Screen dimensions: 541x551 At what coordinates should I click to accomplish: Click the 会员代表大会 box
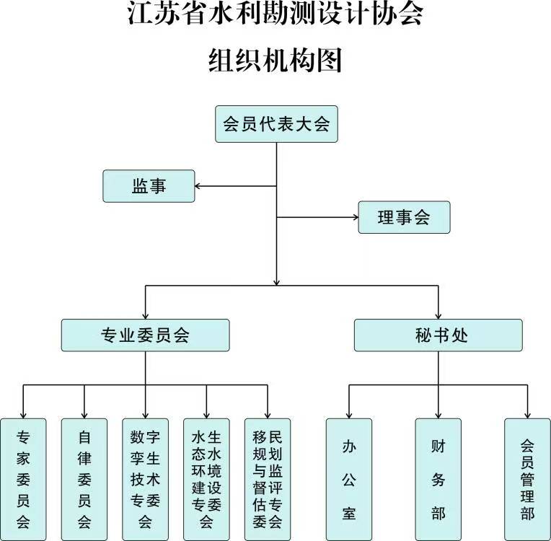pyautogui.click(x=277, y=124)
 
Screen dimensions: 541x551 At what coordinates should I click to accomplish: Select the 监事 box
pyautogui.click(x=149, y=185)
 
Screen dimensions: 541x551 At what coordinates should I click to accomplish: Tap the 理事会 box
pyautogui.click(x=404, y=217)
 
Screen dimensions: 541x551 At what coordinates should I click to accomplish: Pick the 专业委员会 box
pyautogui.click(x=145, y=335)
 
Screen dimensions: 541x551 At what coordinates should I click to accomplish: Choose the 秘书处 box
pyautogui.click(x=438, y=335)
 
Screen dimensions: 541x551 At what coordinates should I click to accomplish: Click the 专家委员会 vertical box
pyautogui.click(x=23, y=478)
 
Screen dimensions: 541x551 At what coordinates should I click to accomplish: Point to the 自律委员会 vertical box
pyautogui.click(x=84, y=478)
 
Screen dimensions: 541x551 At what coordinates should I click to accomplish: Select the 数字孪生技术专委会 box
pyautogui.click(x=146, y=478)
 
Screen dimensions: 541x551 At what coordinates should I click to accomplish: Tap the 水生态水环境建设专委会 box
pyautogui.click(x=207, y=478)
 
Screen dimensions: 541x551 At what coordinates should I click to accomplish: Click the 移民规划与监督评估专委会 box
pyautogui.click(x=268, y=478)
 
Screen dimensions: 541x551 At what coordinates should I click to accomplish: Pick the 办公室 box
pyautogui.click(x=349, y=478)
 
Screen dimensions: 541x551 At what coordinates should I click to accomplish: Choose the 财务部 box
pyautogui.click(x=438, y=478)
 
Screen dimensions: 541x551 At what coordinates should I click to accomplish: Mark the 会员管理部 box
pyautogui.click(x=527, y=478)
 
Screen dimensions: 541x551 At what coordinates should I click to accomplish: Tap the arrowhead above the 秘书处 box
pyautogui.click(x=438, y=315)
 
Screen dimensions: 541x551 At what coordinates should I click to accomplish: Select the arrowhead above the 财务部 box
pyautogui.click(x=438, y=413)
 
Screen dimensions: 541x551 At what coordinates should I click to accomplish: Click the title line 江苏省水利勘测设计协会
pyautogui.click(x=275, y=16)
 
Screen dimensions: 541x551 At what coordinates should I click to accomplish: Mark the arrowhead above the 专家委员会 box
pyautogui.click(x=23, y=413)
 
